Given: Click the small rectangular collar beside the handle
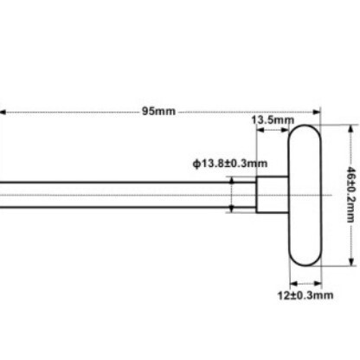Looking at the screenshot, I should click(271, 194).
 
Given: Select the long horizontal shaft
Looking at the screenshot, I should click(121, 194).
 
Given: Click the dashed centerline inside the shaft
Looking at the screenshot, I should click(130, 194).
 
